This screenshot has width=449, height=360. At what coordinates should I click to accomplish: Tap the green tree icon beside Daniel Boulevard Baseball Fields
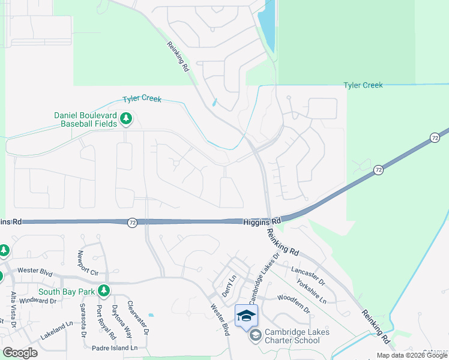coord(126,119)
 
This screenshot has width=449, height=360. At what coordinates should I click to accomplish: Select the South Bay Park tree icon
coord(104,291)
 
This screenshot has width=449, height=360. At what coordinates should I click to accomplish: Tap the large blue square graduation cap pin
coord(246,316)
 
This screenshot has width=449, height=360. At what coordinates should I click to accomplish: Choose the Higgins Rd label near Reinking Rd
coord(262,221)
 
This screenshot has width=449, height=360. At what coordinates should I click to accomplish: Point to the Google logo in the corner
coord(20,353)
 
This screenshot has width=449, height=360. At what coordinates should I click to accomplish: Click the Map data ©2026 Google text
coord(412,355)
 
